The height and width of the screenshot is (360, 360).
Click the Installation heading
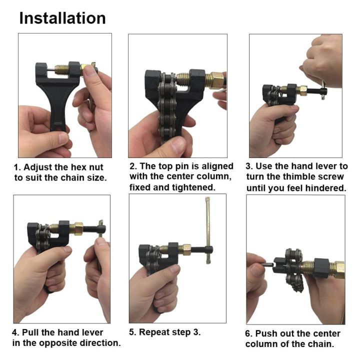coord(62,18)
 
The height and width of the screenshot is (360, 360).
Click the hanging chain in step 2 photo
coord(164,115)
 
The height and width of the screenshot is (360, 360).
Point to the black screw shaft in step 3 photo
coord(313,91)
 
